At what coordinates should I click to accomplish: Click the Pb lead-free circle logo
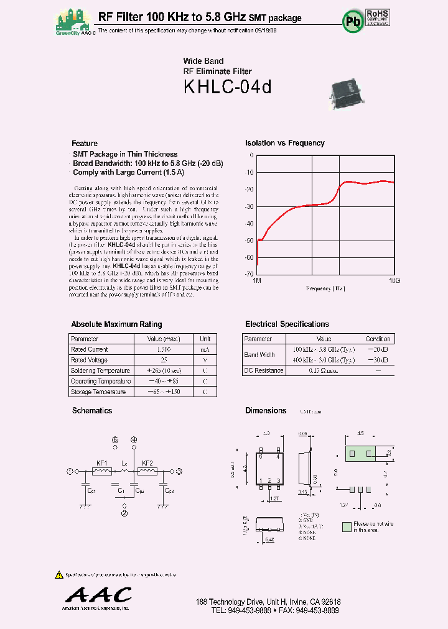click(x=353, y=21)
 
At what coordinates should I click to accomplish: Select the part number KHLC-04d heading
click(x=227, y=88)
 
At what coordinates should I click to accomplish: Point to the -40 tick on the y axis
click(x=249, y=223)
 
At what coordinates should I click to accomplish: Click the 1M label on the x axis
click(x=256, y=281)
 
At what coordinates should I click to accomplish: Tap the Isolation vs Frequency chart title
click(x=284, y=143)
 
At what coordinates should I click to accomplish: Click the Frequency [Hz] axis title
click(x=325, y=288)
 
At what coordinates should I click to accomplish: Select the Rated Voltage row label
click(x=90, y=360)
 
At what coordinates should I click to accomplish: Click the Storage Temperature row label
click(x=98, y=392)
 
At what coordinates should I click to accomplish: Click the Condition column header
click(x=378, y=339)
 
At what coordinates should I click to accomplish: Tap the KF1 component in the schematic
click(x=102, y=471)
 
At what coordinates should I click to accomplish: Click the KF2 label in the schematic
click(x=147, y=463)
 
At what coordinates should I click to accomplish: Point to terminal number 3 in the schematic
click(x=179, y=471)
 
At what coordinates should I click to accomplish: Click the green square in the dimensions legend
click(x=347, y=526)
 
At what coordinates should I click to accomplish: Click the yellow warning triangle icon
click(x=59, y=574)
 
